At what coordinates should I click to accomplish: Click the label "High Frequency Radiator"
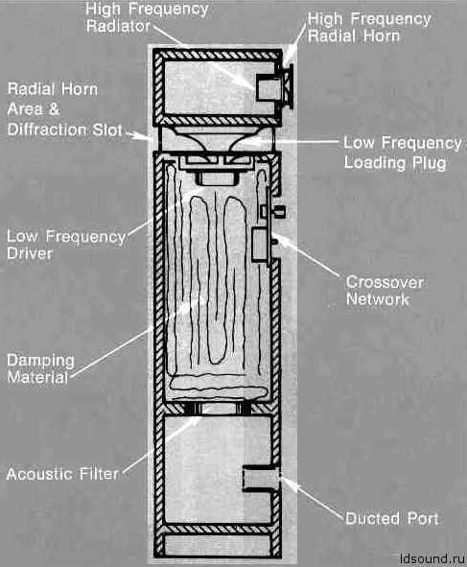(x=147, y=17)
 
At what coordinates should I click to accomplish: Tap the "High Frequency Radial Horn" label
(x=369, y=28)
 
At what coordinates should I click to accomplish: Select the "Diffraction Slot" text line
(x=64, y=130)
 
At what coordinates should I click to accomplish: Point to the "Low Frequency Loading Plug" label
(x=403, y=153)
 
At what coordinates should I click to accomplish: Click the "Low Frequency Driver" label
(x=66, y=245)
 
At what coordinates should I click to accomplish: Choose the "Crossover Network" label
(x=385, y=291)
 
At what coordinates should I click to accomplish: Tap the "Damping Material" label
(x=40, y=368)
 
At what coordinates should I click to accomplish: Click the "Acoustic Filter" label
(x=62, y=474)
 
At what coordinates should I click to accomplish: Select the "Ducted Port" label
(x=392, y=518)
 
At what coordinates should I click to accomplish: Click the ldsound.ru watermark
(x=432, y=558)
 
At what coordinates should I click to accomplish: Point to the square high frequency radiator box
(x=269, y=88)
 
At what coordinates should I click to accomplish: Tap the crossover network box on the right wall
(x=261, y=245)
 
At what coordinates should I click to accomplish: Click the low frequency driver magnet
(x=218, y=178)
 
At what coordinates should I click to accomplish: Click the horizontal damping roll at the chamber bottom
(x=219, y=389)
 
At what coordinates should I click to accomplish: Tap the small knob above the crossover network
(x=280, y=211)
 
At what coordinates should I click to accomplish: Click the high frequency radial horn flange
(x=289, y=86)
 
